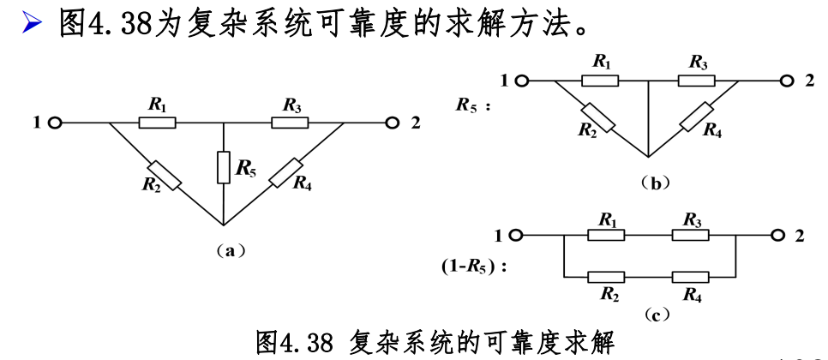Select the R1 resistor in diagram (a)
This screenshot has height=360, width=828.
tap(158, 123)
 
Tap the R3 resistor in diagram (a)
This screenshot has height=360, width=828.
tap(290, 123)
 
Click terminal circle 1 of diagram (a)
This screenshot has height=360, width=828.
tap(55, 123)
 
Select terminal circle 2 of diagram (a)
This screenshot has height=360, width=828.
tap(393, 123)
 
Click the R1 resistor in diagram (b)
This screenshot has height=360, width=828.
tap(600, 81)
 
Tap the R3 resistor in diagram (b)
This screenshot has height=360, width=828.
tap(696, 81)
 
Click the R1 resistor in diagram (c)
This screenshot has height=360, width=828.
tap(607, 234)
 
